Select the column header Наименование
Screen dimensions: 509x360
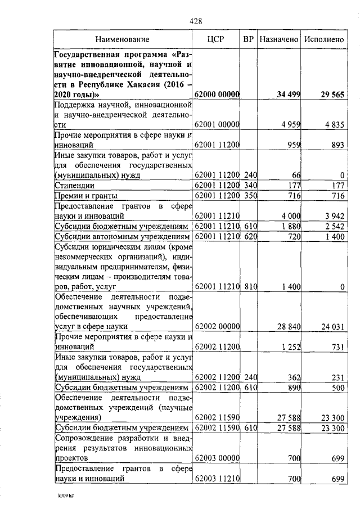(122, 39)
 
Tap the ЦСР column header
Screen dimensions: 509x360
(217, 39)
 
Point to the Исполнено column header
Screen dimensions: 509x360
(323, 39)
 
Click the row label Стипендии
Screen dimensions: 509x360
(74, 185)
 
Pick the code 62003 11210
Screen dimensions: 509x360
(217, 478)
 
